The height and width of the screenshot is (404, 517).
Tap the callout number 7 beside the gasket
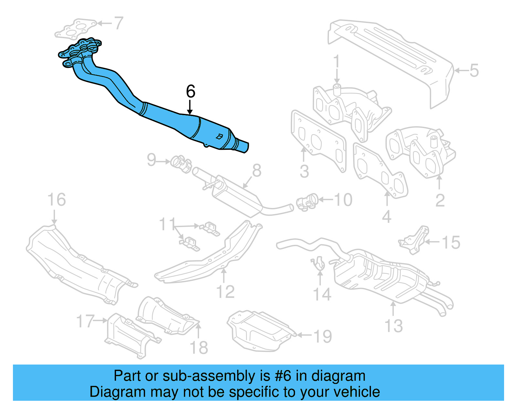(x=119, y=23)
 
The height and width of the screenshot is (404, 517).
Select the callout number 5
(x=474, y=71)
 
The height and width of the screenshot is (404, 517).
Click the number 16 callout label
(x=57, y=200)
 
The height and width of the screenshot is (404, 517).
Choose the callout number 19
(x=322, y=336)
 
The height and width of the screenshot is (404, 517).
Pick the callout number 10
(x=343, y=200)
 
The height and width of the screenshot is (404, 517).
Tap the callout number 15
(x=451, y=242)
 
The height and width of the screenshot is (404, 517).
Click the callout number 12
(x=225, y=292)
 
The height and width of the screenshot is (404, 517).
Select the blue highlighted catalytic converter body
(x=213, y=134)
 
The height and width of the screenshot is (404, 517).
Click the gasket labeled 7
(x=76, y=29)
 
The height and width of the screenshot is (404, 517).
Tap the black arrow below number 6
(x=190, y=107)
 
